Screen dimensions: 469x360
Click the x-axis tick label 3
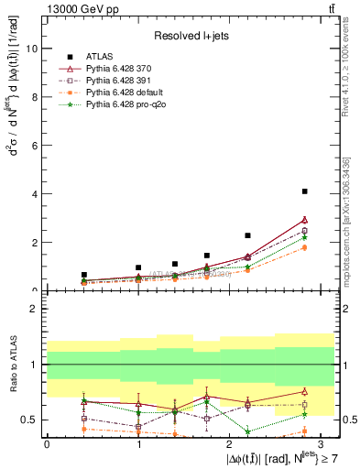pos(321,443)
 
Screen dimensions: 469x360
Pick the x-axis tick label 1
pos(138,443)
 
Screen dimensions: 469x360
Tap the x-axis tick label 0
pos(47,443)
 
